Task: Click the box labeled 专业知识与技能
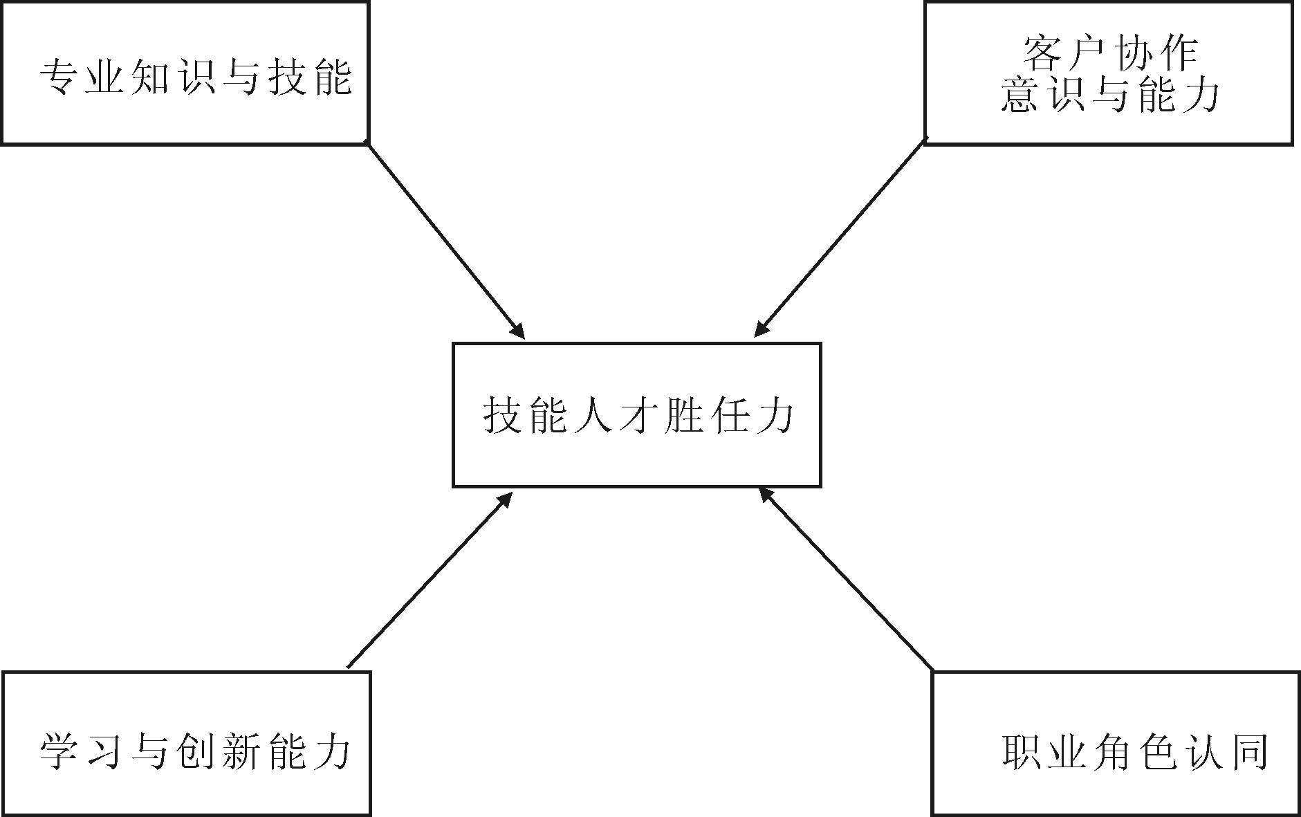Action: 185,73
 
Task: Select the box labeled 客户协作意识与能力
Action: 1109,73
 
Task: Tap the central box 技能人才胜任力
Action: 636,415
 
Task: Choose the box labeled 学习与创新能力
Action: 186,743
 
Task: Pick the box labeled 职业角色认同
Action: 1116,743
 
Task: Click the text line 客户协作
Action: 1110,54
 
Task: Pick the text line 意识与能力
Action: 1110,95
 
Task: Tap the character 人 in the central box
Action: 592,416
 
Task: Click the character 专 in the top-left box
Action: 58,77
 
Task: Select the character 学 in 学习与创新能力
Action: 58,751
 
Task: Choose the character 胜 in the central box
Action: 681,416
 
